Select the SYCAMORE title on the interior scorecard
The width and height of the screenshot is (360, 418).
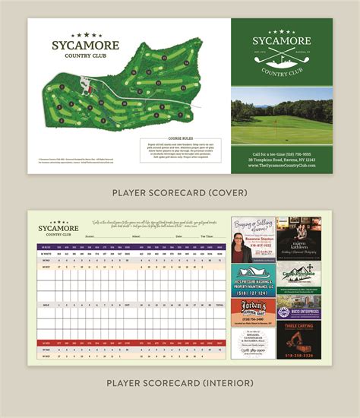58,226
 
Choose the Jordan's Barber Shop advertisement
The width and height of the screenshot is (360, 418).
253,309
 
